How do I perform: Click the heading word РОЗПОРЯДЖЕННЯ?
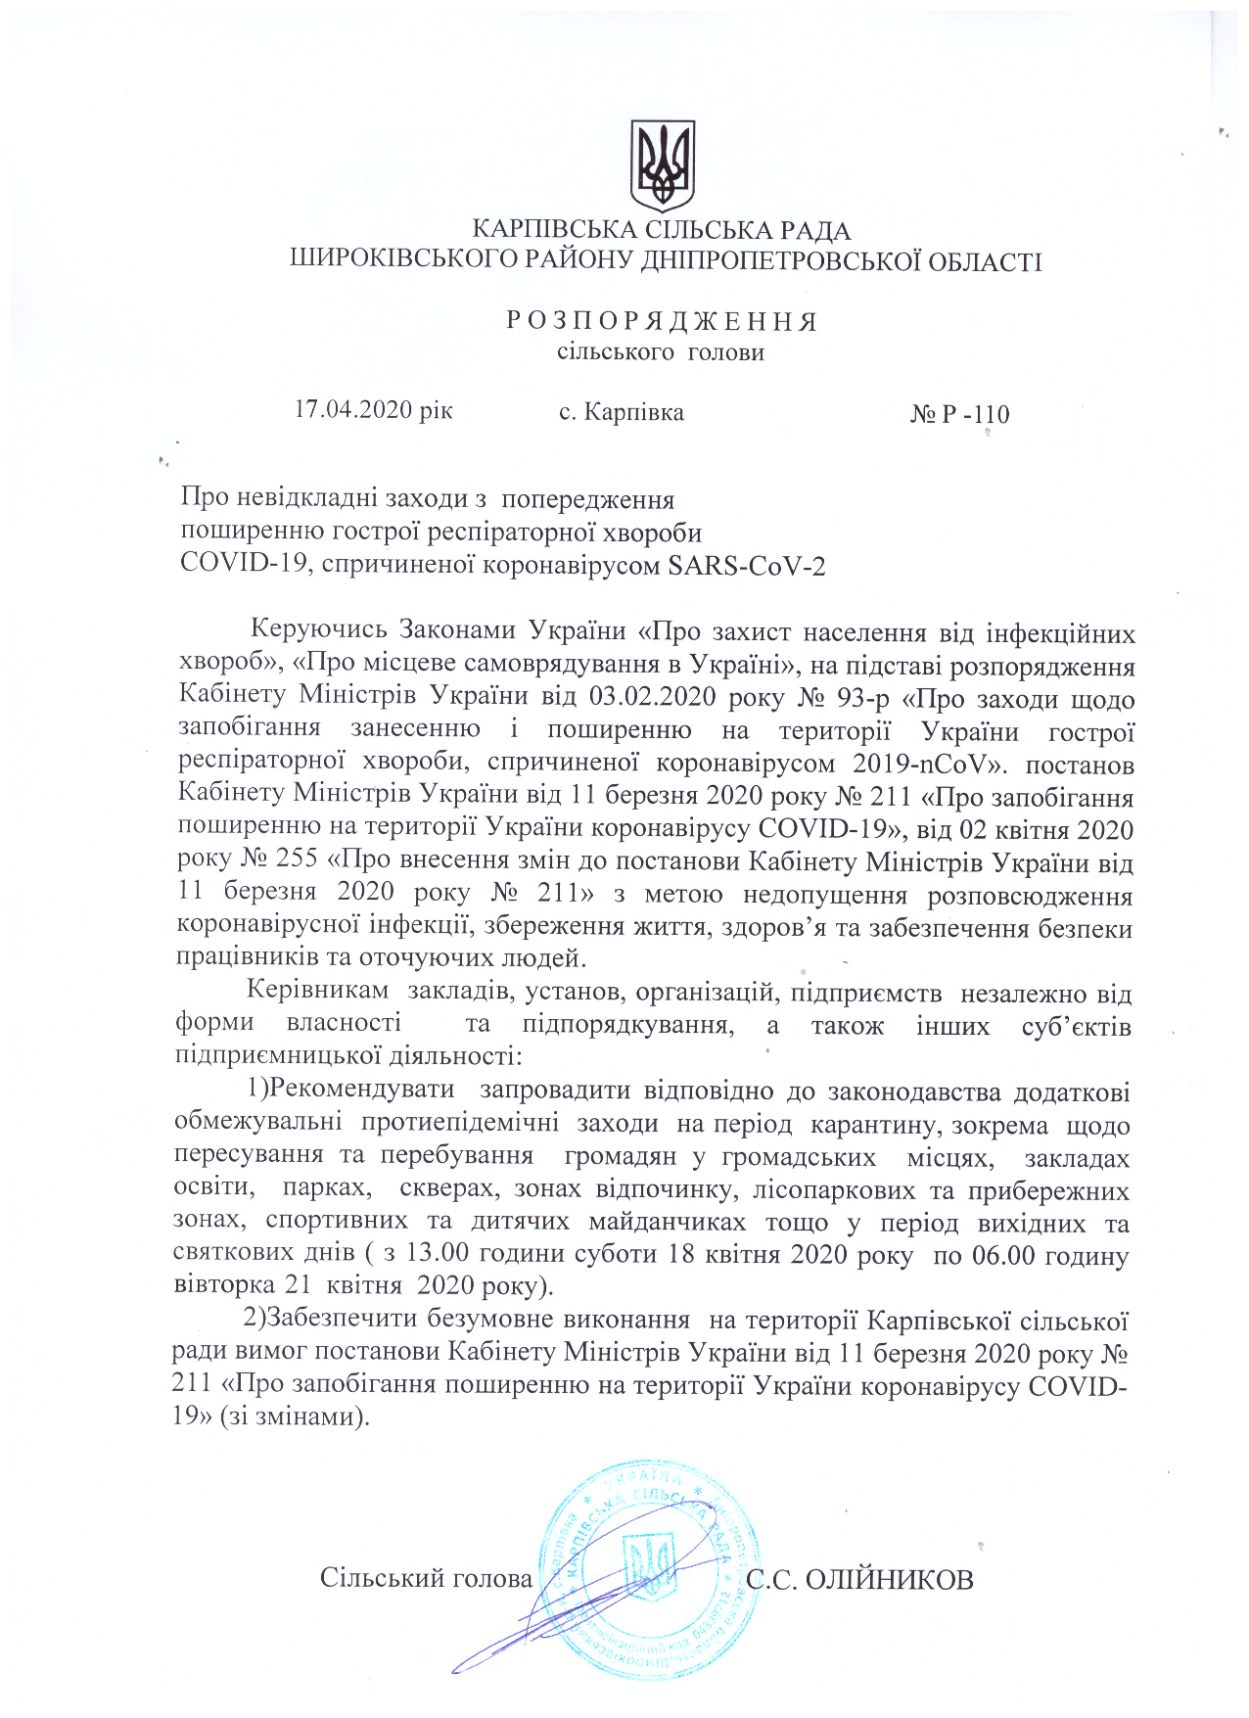click(x=662, y=321)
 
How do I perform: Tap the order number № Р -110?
click(x=959, y=414)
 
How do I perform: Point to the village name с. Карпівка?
click(x=621, y=412)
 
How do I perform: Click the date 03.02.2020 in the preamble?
click(x=644, y=698)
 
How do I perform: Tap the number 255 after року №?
click(x=292, y=859)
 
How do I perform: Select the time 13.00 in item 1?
click(x=439, y=1254)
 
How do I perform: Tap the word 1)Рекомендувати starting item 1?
click(x=350, y=1090)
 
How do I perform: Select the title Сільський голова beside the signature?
click(x=426, y=1578)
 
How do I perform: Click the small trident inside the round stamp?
click(x=651, y=1563)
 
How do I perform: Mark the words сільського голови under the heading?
click(x=661, y=351)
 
